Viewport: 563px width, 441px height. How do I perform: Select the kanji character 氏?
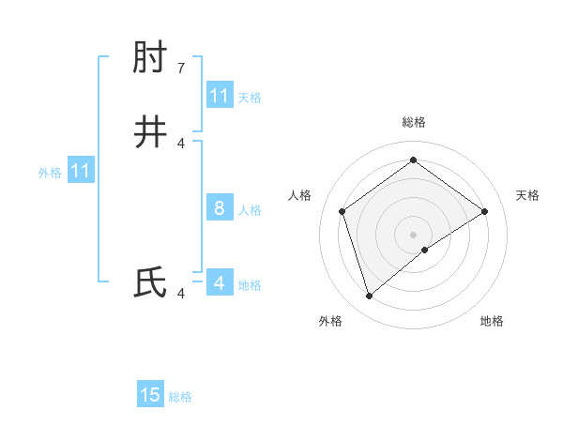[x=150, y=282]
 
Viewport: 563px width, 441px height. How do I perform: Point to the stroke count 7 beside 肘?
[x=181, y=68]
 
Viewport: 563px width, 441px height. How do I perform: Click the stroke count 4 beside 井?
[x=181, y=143]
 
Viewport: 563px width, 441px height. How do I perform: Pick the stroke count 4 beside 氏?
[x=181, y=294]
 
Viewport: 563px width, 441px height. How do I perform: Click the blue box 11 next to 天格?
[x=220, y=96]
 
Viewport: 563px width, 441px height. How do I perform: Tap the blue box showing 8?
[x=220, y=208]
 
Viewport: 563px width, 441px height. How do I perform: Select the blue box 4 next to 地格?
[x=220, y=282]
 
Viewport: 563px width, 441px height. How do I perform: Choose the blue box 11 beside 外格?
[x=81, y=171]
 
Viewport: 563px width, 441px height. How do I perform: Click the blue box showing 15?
[x=150, y=395]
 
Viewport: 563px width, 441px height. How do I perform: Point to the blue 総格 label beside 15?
[x=180, y=397]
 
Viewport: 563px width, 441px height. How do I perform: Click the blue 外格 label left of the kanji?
[x=50, y=173]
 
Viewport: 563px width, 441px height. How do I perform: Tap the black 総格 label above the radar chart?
[x=414, y=122]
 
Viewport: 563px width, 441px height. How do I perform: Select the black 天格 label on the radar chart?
[x=527, y=195]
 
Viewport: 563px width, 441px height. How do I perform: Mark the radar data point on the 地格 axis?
[x=425, y=250]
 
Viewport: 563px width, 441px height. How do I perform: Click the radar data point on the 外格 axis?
[x=369, y=297]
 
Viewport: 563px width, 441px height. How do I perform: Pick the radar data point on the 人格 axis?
[x=342, y=211]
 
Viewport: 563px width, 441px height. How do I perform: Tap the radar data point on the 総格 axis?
[x=413, y=160]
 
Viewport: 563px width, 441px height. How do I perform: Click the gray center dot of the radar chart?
[x=413, y=234]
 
